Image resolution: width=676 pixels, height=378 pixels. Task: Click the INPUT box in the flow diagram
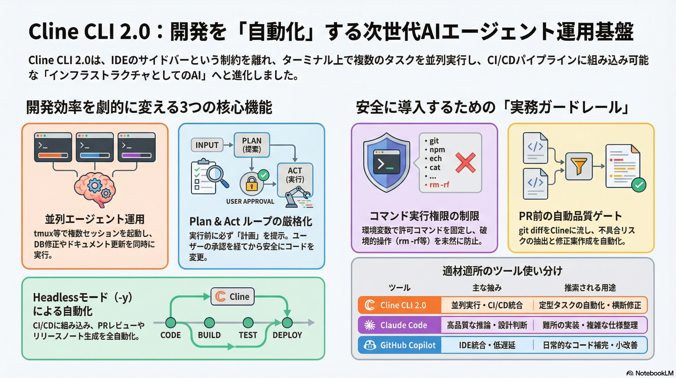tap(207, 145)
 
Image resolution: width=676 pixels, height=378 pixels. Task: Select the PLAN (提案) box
tap(252, 145)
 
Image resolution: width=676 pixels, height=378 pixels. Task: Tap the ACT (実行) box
tap(295, 175)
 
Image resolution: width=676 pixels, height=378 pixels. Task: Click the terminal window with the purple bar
tap(137, 147)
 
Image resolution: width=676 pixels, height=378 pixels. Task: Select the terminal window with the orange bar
tap(53, 147)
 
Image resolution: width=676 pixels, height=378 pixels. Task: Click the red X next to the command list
tap(465, 163)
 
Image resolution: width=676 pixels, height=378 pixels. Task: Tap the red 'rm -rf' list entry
tap(439, 185)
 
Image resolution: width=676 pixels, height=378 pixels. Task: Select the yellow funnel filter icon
tap(579, 166)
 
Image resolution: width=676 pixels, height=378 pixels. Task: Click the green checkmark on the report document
tap(639, 185)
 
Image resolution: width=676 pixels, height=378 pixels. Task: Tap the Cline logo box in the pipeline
tap(233, 297)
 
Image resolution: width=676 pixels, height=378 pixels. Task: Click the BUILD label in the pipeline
tap(209, 335)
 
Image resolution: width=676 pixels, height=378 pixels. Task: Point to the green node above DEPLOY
tap(287, 323)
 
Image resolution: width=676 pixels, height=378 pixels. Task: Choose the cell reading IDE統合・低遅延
tap(487, 345)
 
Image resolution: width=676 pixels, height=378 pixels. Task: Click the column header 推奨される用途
tap(590, 288)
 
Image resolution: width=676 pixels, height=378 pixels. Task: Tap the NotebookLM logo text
tap(653, 373)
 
